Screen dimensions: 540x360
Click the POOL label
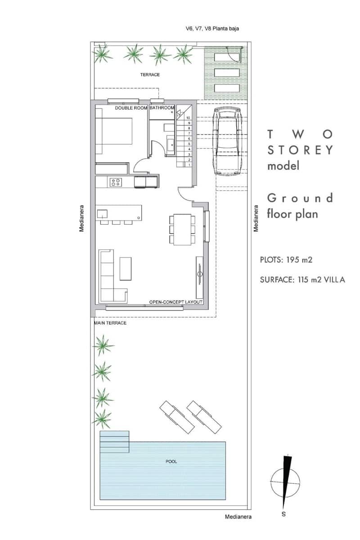pos(171,462)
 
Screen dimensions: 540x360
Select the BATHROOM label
pos(162,108)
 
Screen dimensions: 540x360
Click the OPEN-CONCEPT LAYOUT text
pos(175,302)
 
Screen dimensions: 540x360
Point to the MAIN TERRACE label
pos(110,323)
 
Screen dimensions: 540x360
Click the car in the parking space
pos(229,140)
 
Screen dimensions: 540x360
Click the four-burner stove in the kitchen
pos(116,182)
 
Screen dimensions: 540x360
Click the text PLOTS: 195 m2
pos(286,260)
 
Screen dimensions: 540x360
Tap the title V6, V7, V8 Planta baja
pos(212,28)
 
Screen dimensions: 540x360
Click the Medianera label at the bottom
pos(238,517)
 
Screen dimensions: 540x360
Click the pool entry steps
pos(114,442)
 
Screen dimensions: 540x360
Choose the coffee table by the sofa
pos(126,269)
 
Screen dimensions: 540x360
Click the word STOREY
pos(300,150)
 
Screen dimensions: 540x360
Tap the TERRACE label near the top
pos(150,75)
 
